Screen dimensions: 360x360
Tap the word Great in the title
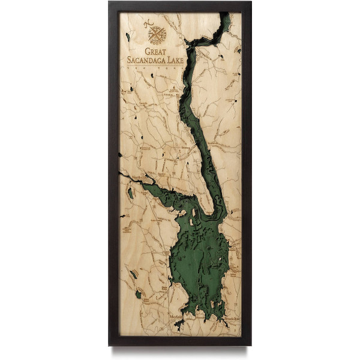click(157, 52)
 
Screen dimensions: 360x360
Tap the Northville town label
click(140, 178)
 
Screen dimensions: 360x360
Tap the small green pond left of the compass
click(128, 37)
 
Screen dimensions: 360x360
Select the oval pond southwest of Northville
click(130, 193)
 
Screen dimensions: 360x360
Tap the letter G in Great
click(148, 52)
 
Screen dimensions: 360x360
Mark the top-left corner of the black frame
click(110, 3)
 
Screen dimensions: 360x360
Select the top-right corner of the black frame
click(250, 3)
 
